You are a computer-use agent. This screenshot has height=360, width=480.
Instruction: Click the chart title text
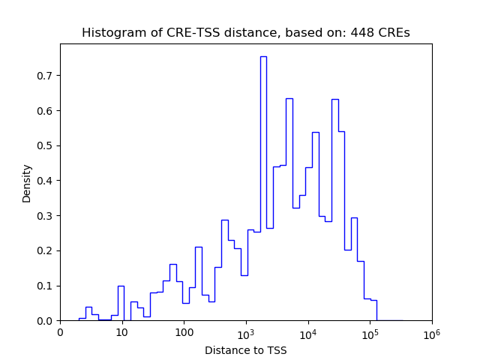click(x=245, y=33)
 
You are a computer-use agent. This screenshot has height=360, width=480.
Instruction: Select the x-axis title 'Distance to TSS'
click(x=245, y=349)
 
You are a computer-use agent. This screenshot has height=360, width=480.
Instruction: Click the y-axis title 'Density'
click(x=27, y=182)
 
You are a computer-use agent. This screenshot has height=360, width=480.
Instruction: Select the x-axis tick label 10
click(x=121, y=333)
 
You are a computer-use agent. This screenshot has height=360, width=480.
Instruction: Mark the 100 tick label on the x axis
click(x=184, y=333)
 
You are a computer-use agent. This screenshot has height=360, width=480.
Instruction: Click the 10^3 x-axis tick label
click(x=246, y=332)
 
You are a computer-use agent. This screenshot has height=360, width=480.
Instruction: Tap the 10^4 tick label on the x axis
click(x=308, y=332)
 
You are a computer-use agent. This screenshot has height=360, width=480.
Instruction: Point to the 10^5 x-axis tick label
click(x=370, y=332)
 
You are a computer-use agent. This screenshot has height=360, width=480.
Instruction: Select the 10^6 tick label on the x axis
click(x=432, y=332)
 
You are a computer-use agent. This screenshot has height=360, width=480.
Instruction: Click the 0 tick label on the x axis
click(x=60, y=333)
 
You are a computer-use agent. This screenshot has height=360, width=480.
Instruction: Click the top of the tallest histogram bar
click(x=263, y=57)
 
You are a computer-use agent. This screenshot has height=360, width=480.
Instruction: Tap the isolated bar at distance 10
click(x=121, y=286)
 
